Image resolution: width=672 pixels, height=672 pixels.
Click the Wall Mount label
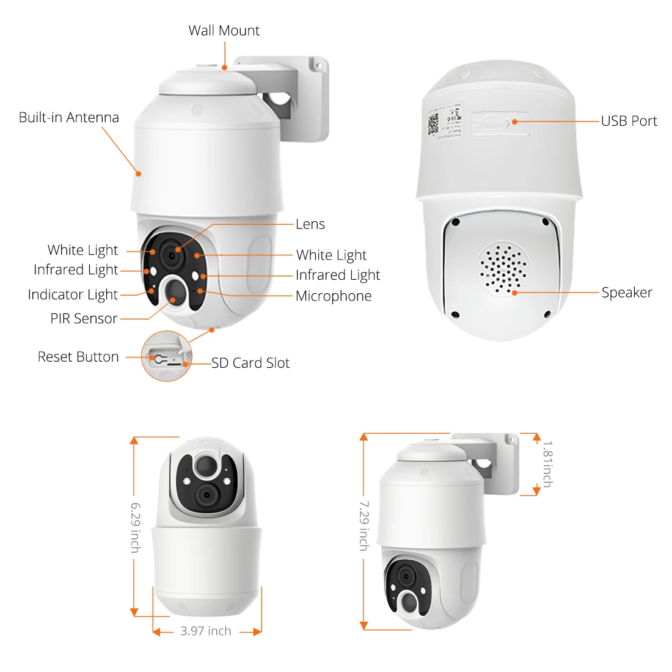224,31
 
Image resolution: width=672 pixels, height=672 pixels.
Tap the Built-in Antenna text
68,117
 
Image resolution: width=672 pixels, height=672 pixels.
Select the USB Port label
629,121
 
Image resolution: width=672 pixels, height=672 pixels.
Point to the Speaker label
627,292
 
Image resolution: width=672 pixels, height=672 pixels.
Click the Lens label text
310,224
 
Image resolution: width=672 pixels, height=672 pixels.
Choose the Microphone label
334,296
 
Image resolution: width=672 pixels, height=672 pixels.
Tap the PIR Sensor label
84,318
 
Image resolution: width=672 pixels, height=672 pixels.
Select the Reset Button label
78,357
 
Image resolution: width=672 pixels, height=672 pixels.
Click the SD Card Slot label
250,363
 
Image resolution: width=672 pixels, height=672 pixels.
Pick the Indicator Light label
73,295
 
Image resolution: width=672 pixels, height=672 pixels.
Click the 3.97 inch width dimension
206,631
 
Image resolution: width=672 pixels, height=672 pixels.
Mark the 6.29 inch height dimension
136,528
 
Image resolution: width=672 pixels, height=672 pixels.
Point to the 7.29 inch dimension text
364,525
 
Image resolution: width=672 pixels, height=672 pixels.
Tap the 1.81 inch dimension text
547,464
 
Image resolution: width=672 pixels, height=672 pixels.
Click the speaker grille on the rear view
503,269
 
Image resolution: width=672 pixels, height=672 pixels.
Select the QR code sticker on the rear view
433,124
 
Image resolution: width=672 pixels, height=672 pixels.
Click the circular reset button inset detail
167,356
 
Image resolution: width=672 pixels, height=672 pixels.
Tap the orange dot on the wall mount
225,67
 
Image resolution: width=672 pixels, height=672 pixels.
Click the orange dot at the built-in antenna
139,173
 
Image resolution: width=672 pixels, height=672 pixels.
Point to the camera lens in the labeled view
172,256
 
